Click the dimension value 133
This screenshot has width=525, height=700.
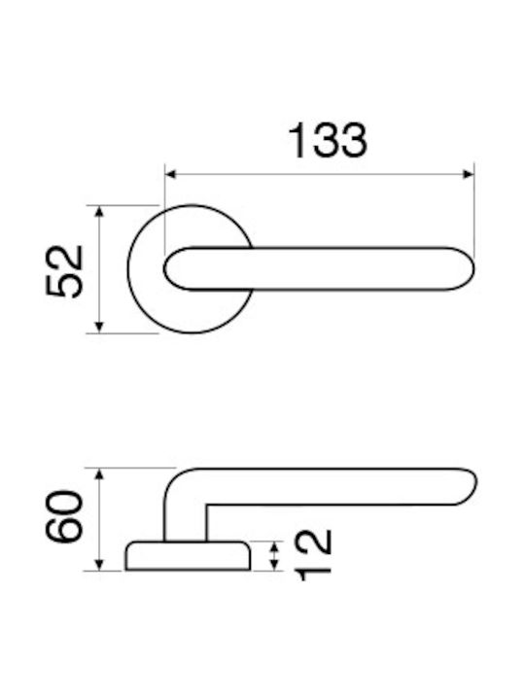(328, 140)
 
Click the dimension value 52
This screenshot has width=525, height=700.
(65, 270)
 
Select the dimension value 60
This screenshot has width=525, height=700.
(65, 515)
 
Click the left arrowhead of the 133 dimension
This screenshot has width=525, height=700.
(170, 174)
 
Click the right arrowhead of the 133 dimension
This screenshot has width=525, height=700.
(468, 174)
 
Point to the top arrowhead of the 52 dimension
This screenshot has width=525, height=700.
(100, 211)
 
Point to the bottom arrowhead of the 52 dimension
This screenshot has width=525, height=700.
(100, 328)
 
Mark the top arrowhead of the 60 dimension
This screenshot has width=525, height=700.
(100, 473)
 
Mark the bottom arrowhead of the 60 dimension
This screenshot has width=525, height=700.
(100, 565)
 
